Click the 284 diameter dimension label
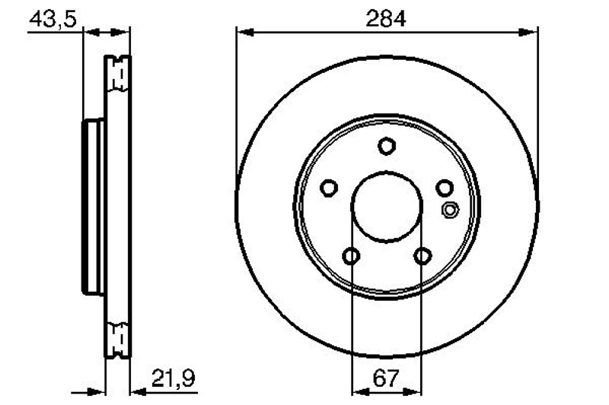(386, 18)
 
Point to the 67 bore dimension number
(386, 378)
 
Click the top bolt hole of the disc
(387, 146)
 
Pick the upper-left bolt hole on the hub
(329, 188)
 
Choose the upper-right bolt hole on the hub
(445, 188)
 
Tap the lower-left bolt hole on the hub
(351, 256)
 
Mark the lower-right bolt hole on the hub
(422, 256)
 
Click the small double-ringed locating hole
(450, 210)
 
